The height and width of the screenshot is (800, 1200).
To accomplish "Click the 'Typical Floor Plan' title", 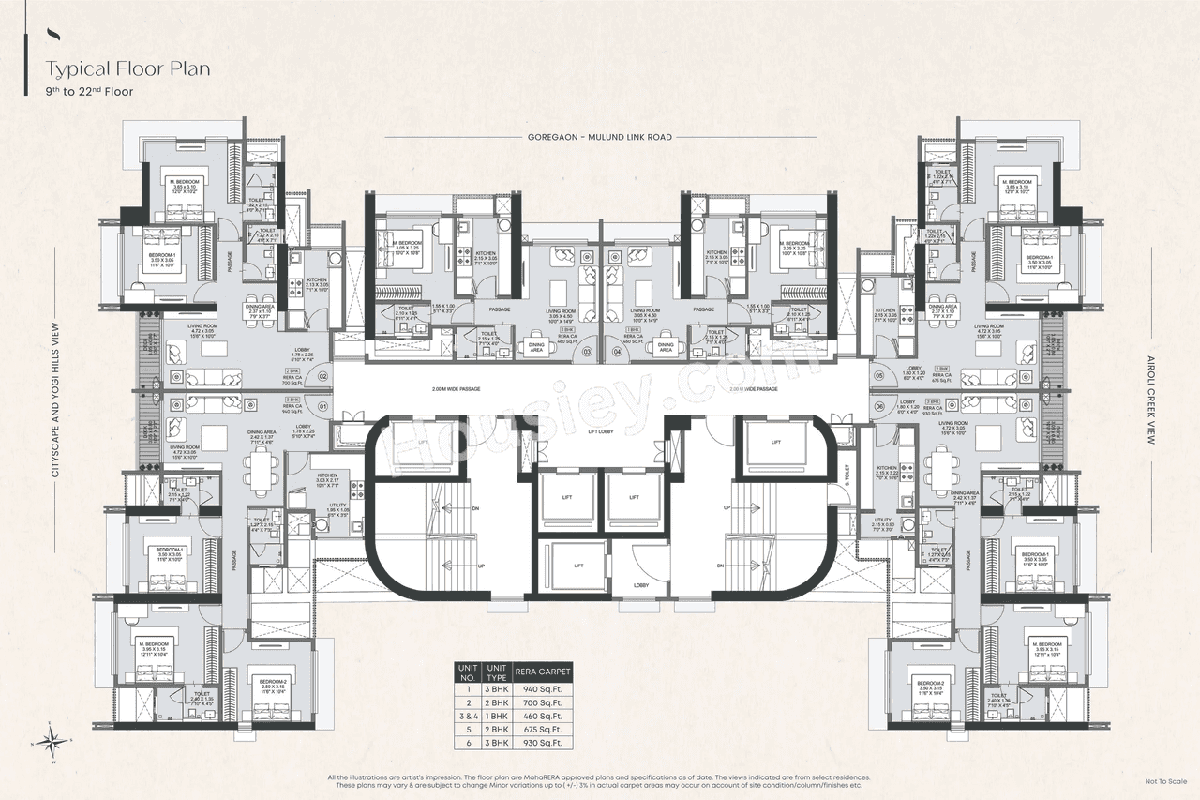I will point(129,69).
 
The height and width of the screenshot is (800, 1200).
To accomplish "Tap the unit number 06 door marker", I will point(879,406).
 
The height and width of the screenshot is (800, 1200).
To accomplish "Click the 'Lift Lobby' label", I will point(600,430).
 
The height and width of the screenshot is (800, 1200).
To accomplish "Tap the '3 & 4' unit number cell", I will point(466,716).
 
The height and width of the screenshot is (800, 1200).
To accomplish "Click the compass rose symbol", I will point(52,740).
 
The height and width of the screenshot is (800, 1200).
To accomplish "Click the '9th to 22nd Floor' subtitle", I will point(90,92).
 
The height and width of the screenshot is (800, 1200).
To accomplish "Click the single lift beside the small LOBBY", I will point(579,566).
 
